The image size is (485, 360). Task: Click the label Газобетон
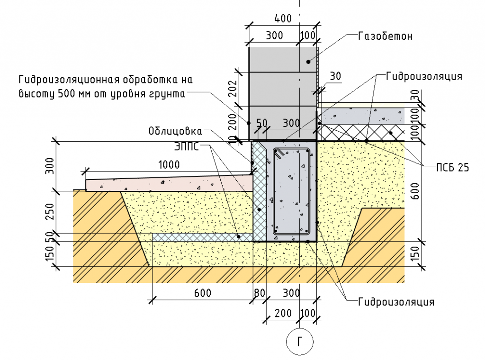(x=386, y=36)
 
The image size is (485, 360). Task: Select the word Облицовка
(x=175, y=131)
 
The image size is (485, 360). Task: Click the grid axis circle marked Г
(x=300, y=341)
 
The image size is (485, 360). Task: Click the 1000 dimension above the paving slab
(x=169, y=165)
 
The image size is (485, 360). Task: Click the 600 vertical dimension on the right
(x=416, y=190)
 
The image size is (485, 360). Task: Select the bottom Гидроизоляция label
(x=396, y=301)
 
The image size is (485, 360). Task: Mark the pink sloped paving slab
(x=166, y=182)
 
